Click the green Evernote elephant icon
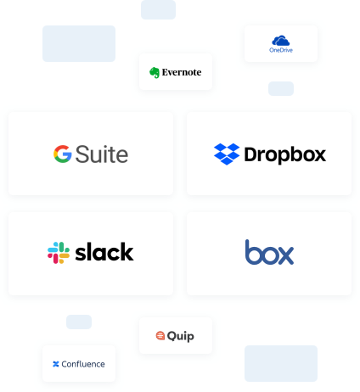tap(155, 73)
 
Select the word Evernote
tap(182, 72)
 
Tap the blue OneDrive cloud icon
tap(281, 41)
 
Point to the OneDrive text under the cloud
tap(281, 50)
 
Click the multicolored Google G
tap(63, 154)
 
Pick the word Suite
tap(102, 154)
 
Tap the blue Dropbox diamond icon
tap(227, 154)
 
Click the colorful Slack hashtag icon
tap(59, 253)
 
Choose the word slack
tap(104, 252)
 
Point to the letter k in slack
tap(127, 251)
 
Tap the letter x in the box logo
tap(285, 255)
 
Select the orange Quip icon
tap(160, 336)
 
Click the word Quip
tap(181, 336)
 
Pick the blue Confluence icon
tap(56, 364)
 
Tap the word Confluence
tap(83, 364)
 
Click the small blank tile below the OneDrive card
tap(281, 88)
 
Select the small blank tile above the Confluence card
tap(79, 322)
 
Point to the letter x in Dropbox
tap(318, 155)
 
